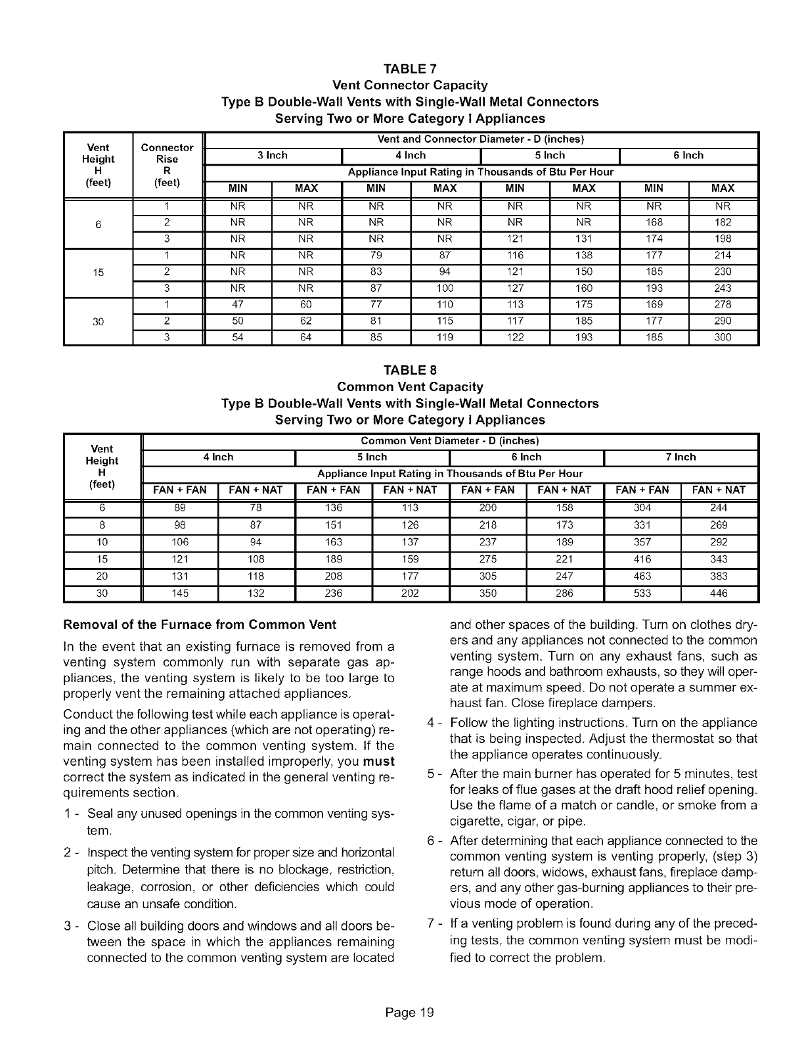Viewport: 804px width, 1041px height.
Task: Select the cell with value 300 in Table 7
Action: click(x=723, y=338)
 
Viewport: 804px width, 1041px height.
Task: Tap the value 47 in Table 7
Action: click(x=237, y=305)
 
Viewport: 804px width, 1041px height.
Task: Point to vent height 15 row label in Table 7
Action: click(x=98, y=272)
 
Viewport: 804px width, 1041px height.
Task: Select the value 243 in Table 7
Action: click(x=723, y=289)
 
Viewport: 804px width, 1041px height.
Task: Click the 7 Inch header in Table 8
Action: click(x=681, y=457)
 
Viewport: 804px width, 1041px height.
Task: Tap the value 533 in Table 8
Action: click(x=642, y=593)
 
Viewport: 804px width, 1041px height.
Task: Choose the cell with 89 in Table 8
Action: click(x=179, y=508)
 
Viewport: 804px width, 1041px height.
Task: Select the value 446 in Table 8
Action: click(x=719, y=593)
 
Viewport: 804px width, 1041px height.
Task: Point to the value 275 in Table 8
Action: click(x=487, y=559)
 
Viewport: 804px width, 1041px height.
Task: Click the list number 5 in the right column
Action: click(x=431, y=774)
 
